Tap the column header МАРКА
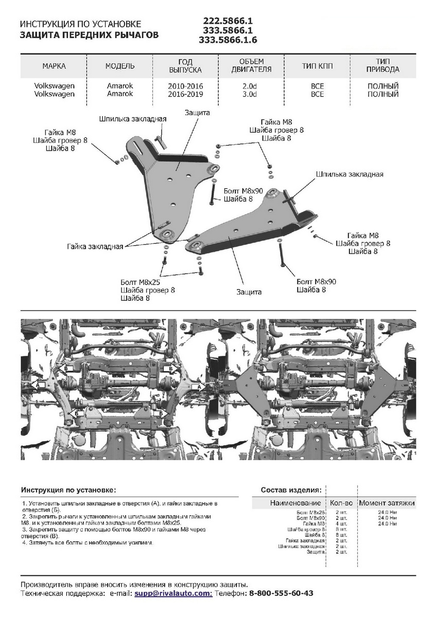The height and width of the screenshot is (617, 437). (x=54, y=66)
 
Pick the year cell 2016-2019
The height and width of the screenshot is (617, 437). (x=185, y=95)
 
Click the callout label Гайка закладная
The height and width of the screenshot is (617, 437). (x=95, y=246)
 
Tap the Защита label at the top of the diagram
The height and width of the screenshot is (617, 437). (x=197, y=112)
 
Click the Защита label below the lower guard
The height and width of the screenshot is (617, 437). (x=249, y=292)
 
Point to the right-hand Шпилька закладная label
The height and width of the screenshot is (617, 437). (x=349, y=174)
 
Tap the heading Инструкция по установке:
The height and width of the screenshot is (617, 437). (x=68, y=490)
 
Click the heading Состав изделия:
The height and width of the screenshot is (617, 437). (x=291, y=490)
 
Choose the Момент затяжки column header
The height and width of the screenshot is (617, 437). (x=387, y=503)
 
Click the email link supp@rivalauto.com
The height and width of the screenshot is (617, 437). (x=173, y=593)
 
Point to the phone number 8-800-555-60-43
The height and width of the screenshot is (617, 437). (x=281, y=593)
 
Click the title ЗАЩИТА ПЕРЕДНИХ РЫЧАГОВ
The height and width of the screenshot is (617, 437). (x=89, y=35)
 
